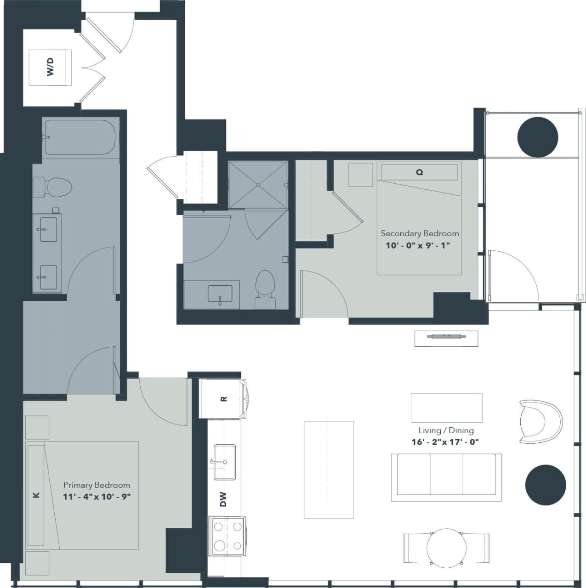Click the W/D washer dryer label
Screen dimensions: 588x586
(51, 67)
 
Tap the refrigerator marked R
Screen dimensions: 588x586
(223, 399)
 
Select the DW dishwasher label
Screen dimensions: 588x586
(223, 499)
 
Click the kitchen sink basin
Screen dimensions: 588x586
(225, 462)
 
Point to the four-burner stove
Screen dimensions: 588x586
(227, 536)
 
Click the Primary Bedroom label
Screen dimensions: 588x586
(97, 485)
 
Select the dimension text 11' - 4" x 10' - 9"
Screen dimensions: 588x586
(97, 497)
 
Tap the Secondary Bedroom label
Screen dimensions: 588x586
(420, 233)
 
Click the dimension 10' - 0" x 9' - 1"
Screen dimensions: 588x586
(417, 245)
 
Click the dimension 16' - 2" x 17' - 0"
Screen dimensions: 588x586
(445, 442)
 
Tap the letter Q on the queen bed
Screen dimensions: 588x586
(419, 172)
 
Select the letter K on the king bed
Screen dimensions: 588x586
(36, 495)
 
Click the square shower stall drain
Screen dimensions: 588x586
(258, 185)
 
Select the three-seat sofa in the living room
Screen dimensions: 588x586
(446, 477)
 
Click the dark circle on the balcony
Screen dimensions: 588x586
(537, 137)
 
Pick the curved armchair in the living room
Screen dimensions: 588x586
(540, 422)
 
